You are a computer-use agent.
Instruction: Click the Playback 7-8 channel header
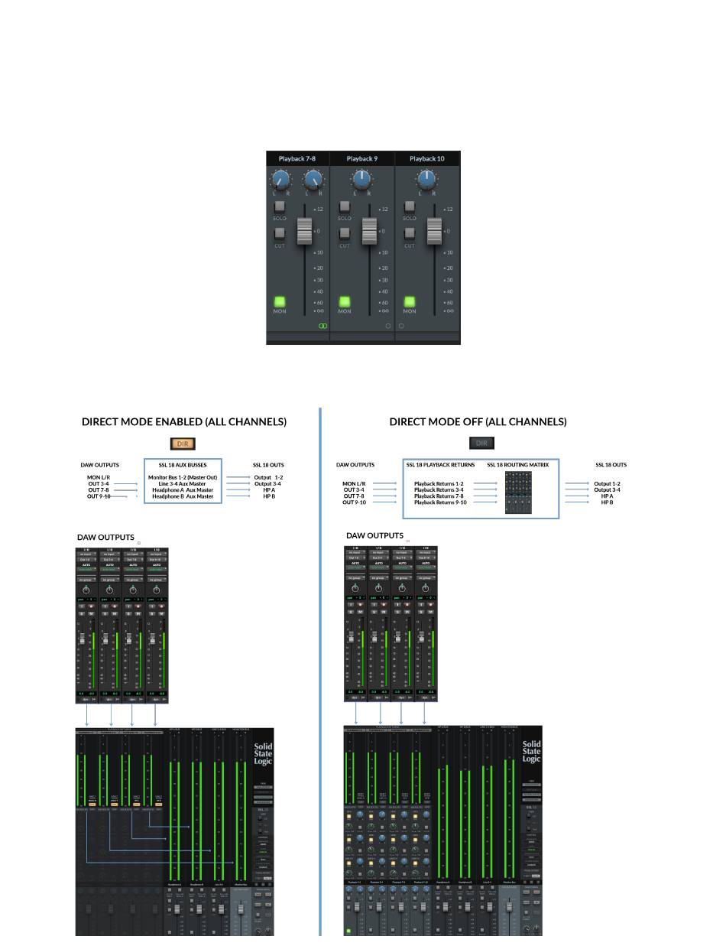297,159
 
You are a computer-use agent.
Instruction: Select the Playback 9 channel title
361,159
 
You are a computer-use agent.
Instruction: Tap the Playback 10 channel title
426,159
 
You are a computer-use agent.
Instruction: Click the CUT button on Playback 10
410,232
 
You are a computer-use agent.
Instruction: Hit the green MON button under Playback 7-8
280,302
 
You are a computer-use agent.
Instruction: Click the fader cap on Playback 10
435,230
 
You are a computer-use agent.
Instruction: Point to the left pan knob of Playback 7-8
280,180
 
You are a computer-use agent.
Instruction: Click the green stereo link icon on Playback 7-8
322,326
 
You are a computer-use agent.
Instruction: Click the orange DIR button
183,444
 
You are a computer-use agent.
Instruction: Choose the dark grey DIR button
481,443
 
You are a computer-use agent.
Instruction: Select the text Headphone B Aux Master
183,496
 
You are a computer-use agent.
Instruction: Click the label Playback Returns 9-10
439,502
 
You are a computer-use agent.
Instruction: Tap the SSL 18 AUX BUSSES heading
183,465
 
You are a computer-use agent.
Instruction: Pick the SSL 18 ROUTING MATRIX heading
517,465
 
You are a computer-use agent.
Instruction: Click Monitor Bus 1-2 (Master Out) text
183,477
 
